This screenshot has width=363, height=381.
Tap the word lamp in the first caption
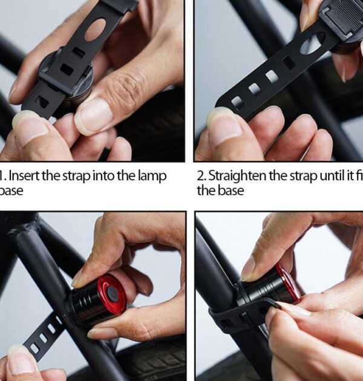tap(151, 176)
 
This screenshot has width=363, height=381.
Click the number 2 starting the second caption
tap(201, 176)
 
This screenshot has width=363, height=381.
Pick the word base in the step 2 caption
tap(231, 190)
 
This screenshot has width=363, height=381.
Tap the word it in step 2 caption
tap(348, 176)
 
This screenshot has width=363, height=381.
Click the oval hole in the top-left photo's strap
tap(95, 30)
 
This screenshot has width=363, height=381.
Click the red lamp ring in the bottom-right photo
tap(290, 282)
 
